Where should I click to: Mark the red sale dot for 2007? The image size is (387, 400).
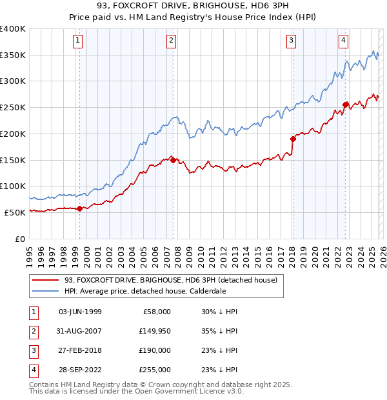(173, 160)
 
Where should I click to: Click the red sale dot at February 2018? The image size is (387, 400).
(293, 139)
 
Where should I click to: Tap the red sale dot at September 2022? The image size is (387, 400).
(346, 105)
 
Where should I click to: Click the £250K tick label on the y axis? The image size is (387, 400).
(13, 108)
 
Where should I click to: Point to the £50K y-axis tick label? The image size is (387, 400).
(15, 212)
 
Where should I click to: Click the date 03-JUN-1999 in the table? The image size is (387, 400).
(80, 312)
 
